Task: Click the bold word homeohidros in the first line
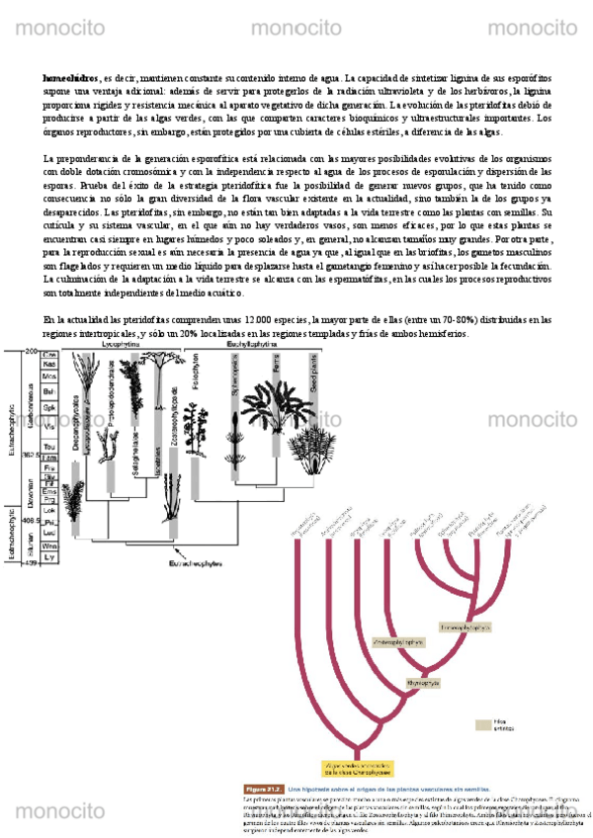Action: [70, 78]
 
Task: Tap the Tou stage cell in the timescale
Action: [49, 447]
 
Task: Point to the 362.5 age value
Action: [31, 456]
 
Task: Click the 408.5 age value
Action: [31, 520]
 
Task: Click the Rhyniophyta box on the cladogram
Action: [419, 683]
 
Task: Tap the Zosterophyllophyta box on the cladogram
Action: [398, 641]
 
